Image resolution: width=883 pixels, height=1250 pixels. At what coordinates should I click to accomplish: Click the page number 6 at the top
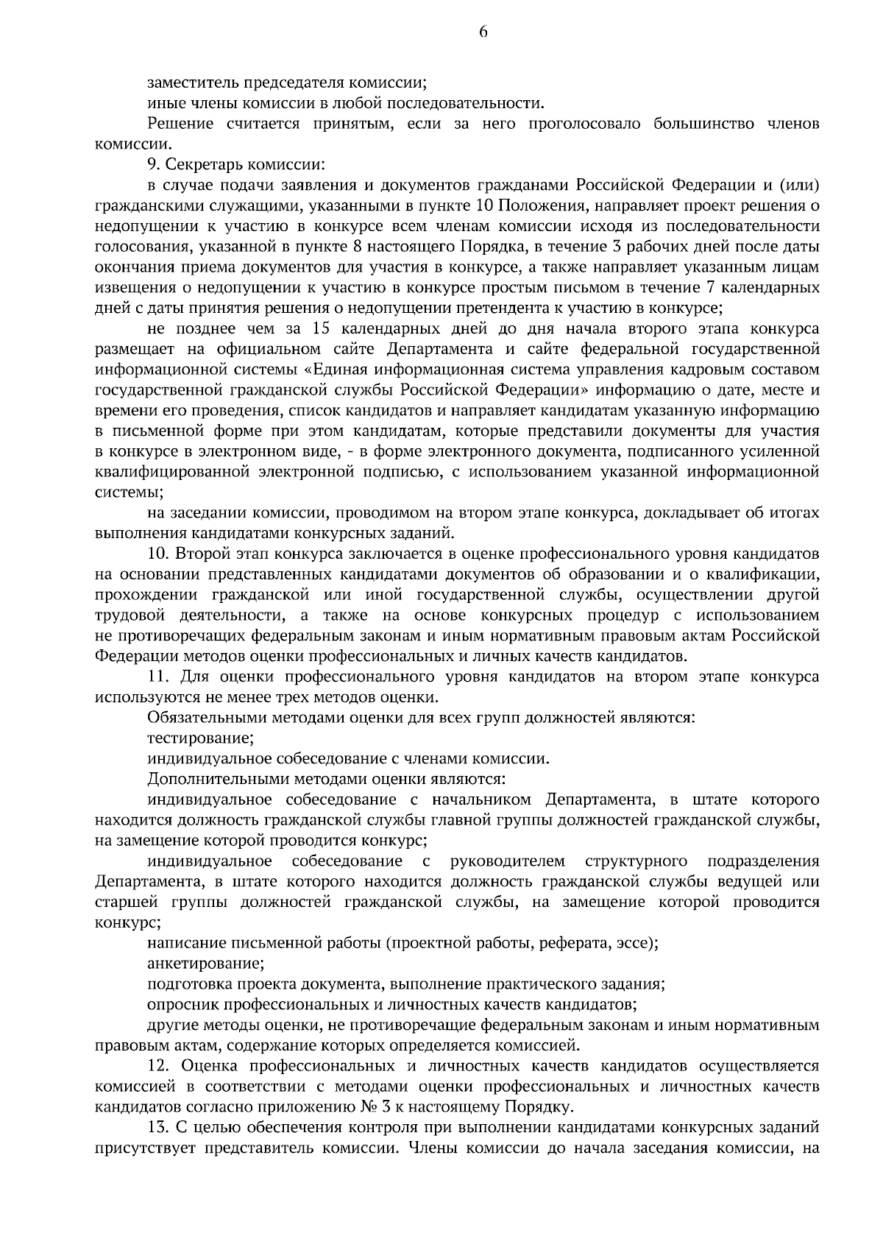[483, 31]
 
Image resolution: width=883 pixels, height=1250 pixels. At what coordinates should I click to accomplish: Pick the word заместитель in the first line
[189, 82]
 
